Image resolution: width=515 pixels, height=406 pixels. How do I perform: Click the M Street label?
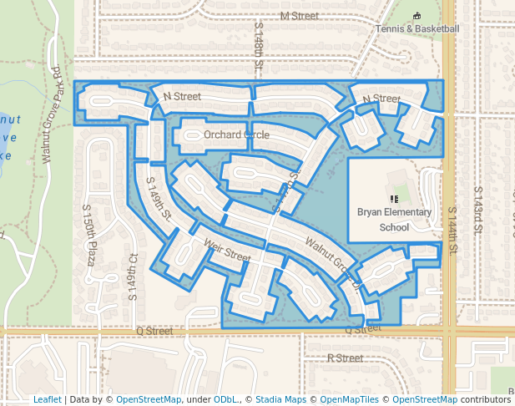click(299, 16)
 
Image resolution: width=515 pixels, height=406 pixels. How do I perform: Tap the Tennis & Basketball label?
click(417, 29)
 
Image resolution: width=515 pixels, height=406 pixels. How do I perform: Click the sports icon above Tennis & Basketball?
click(417, 16)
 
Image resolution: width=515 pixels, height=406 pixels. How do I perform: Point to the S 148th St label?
click(259, 46)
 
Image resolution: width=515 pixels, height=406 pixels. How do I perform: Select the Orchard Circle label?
click(236, 134)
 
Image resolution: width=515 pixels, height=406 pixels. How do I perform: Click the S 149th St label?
click(158, 199)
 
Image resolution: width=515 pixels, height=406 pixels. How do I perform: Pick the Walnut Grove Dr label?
click(332, 264)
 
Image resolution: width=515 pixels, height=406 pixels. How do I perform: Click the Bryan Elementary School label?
click(395, 219)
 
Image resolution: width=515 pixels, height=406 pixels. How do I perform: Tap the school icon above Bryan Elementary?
click(394, 199)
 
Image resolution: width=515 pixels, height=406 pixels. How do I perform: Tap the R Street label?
click(345, 358)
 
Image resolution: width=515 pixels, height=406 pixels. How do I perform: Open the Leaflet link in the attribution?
click(47, 400)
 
